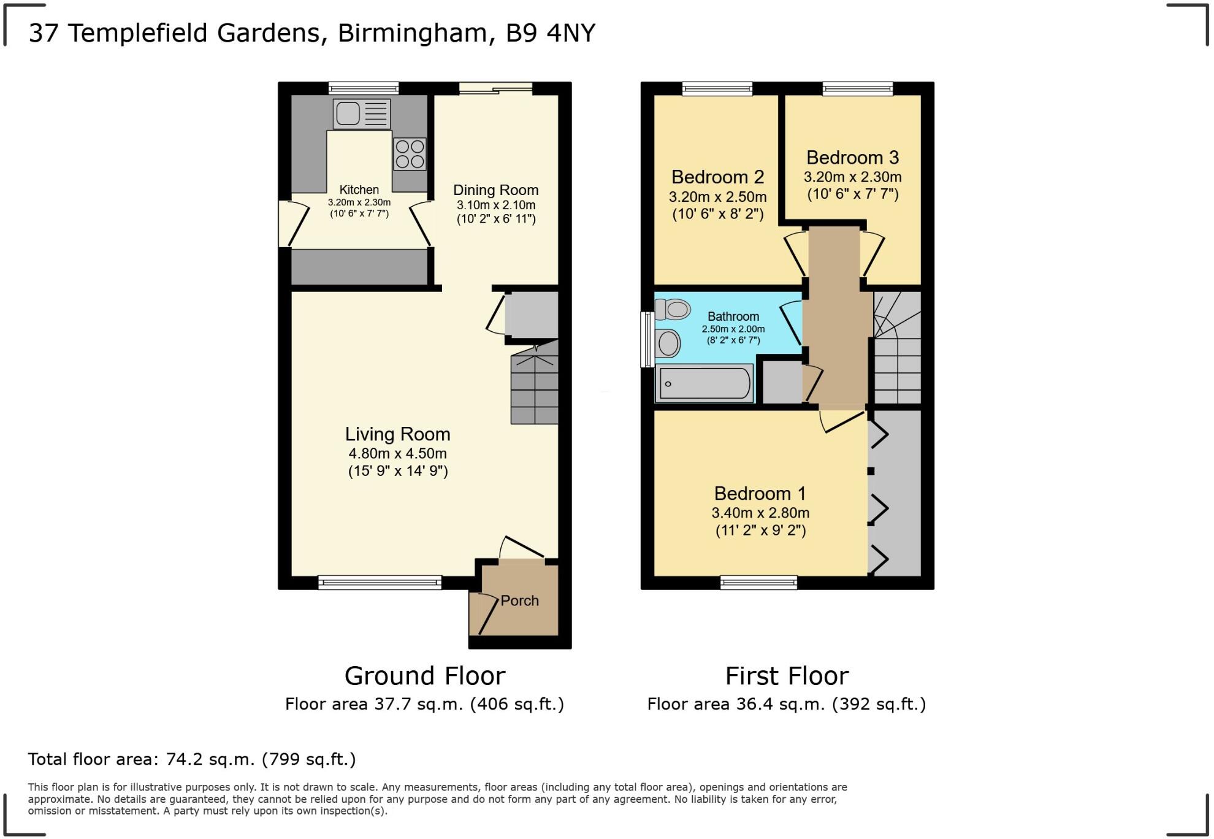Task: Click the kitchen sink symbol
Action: coord(362,114)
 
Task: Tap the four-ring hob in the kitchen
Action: coord(410,154)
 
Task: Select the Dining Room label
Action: coord(495,190)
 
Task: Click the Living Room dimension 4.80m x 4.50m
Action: coord(397,454)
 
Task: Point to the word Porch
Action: coord(519,601)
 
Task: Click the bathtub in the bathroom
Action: coord(704,383)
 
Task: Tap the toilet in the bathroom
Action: coord(673,309)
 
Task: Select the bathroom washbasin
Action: coord(668,343)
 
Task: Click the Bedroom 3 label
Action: coord(852,158)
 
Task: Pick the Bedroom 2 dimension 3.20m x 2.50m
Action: coord(717,197)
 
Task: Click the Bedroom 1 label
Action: coord(760,494)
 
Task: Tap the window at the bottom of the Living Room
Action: coord(380,582)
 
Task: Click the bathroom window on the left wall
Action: coord(647,340)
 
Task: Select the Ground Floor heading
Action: coord(424,676)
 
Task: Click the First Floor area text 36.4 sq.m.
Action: coord(786,704)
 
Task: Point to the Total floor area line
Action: coord(191,759)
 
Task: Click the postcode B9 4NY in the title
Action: coord(550,33)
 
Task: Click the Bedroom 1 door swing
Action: coord(840,422)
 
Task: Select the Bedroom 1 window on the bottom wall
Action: coord(758,582)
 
